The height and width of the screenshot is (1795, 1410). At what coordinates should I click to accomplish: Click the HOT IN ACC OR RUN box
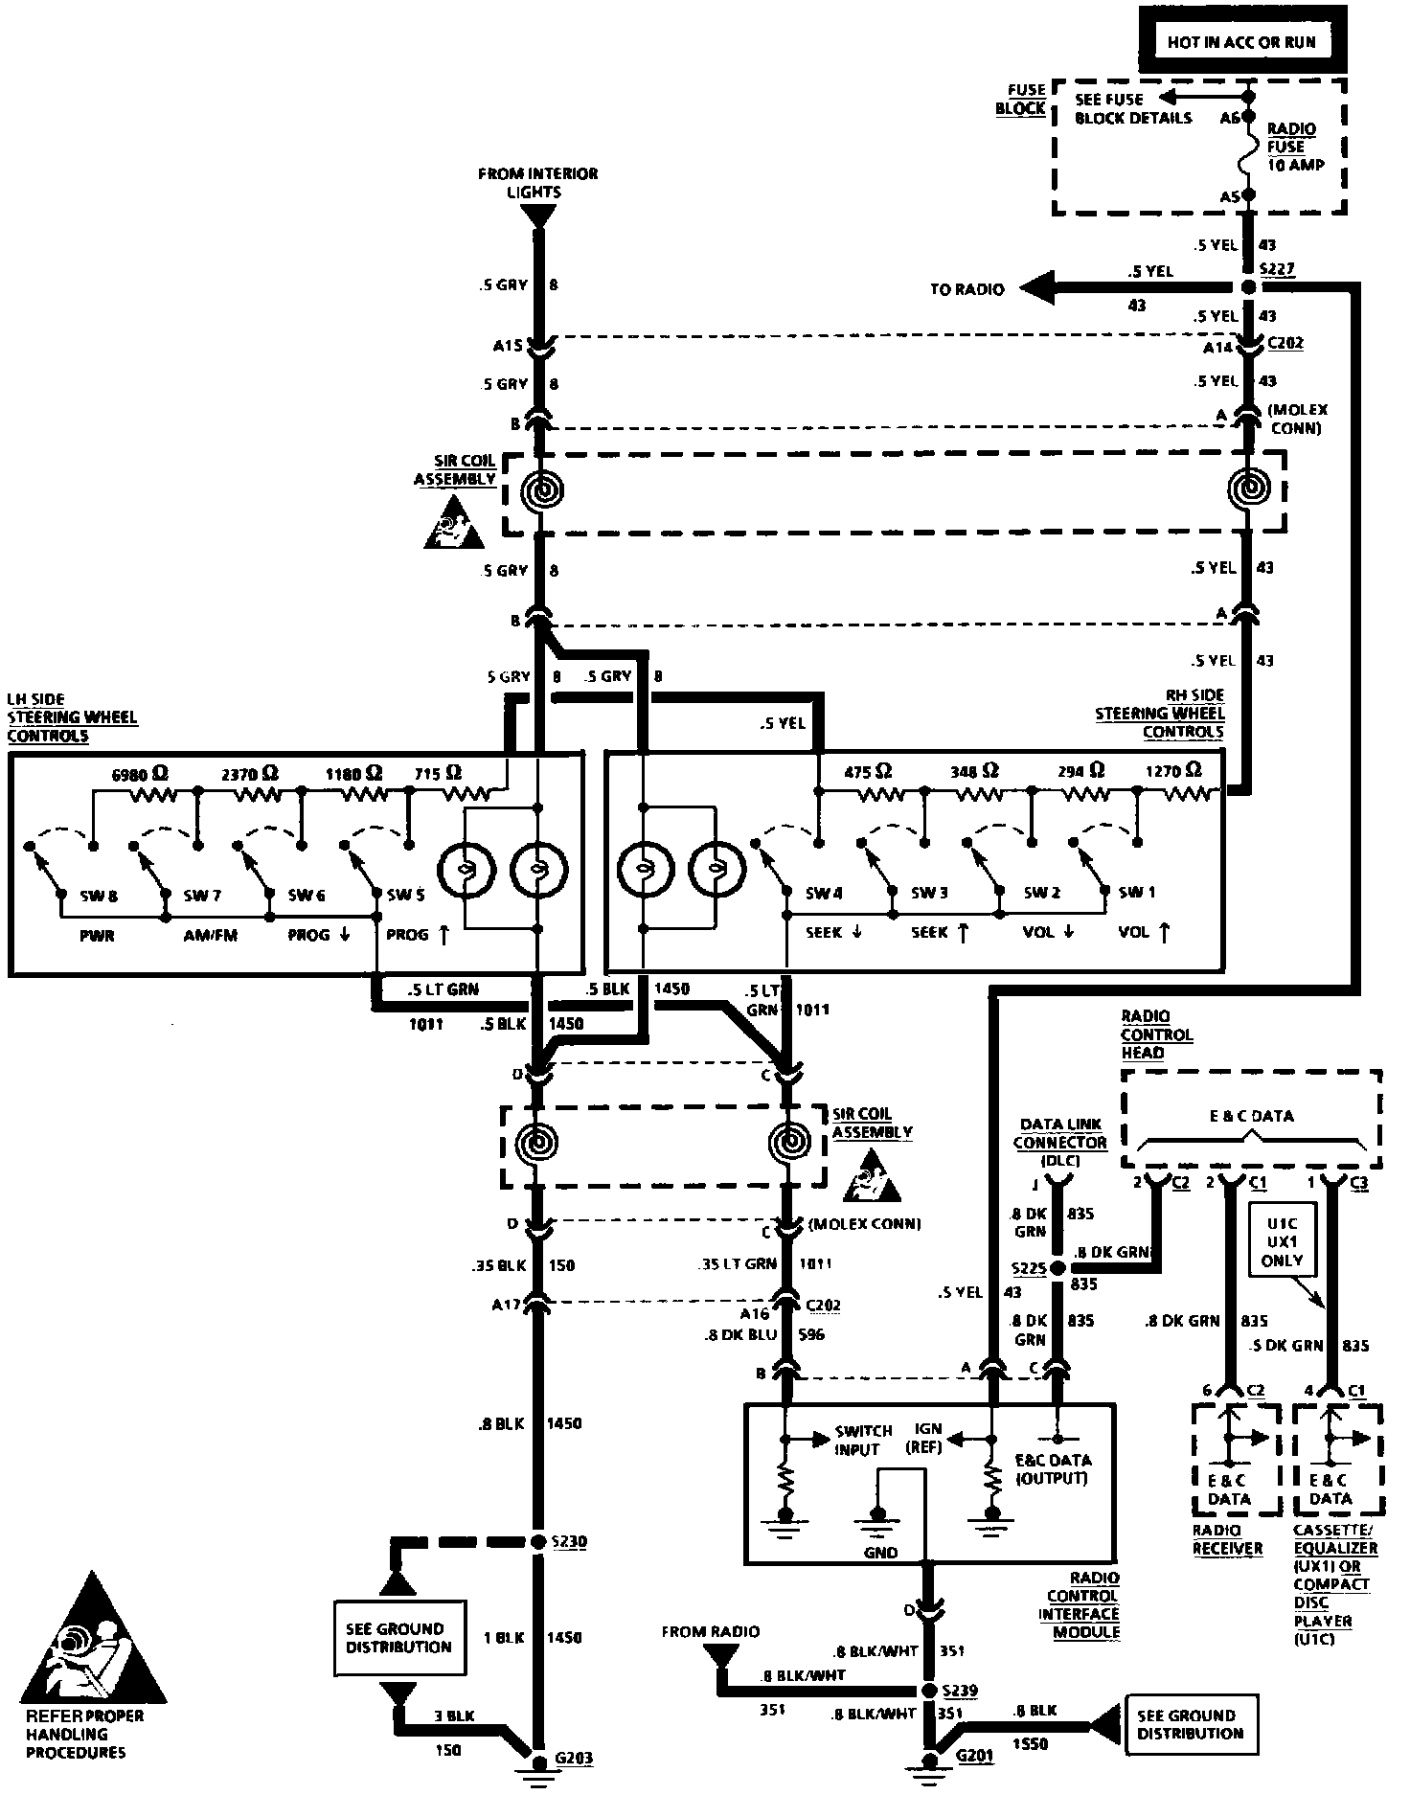point(1241,41)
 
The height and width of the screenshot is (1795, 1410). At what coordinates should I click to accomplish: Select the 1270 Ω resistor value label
point(1173,770)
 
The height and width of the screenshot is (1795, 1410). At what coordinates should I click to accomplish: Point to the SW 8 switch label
point(99,897)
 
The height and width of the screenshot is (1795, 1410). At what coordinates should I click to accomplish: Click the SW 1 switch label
point(1137,893)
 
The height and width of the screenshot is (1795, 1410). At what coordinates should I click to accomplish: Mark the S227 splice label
point(1279,270)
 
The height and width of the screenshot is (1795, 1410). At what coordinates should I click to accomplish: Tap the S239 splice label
point(959,1691)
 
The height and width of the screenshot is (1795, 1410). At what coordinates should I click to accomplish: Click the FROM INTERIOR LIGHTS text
point(538,182)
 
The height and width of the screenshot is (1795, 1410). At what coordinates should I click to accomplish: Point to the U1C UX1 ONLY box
point(1282,1242)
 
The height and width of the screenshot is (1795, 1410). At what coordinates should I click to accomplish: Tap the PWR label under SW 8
point(98,935)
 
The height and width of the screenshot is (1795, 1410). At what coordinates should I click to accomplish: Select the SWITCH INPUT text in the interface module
point(863,1440)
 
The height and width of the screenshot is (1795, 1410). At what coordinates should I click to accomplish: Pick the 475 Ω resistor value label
point(870,771)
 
